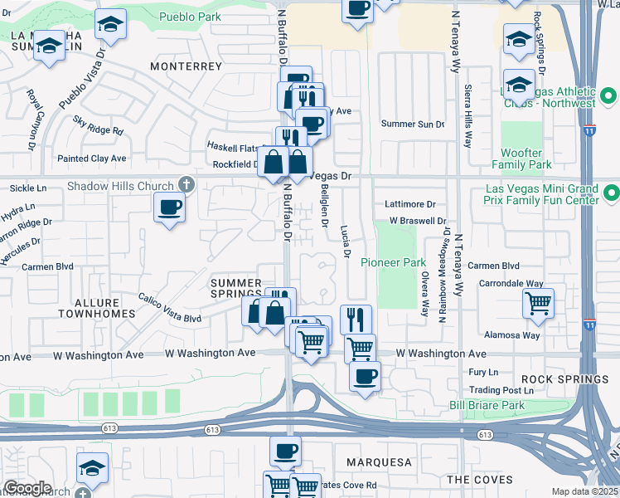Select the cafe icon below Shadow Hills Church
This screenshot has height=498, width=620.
170,207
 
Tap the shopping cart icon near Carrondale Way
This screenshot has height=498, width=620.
539,305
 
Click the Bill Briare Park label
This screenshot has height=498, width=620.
487,405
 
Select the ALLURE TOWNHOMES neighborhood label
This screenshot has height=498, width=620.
96,306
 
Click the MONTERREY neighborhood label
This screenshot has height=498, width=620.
186,66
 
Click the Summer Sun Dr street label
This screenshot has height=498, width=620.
413,124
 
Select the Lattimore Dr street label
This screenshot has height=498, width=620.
410,204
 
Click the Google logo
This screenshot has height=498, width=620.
27,488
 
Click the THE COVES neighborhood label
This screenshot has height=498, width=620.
480,480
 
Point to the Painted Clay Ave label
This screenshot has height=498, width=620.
91,159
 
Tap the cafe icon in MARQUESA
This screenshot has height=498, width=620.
285,452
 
